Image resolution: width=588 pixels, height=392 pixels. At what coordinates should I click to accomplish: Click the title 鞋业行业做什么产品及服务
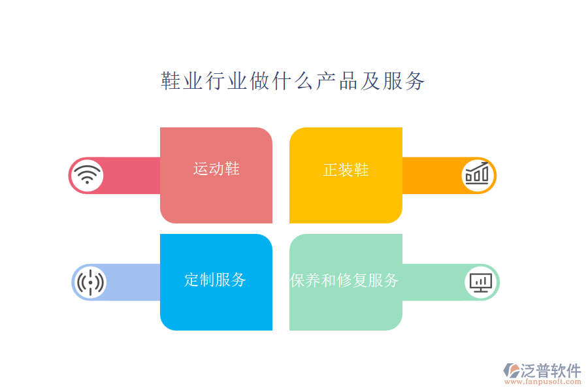click(293, 81)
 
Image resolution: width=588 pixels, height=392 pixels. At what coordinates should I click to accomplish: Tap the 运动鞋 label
click(216, 169)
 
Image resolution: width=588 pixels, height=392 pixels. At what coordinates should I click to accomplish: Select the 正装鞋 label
click(346, 170)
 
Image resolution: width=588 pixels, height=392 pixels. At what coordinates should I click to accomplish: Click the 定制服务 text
click(215, 280)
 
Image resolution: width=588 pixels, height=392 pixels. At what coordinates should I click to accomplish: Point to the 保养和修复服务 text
click(344, 280)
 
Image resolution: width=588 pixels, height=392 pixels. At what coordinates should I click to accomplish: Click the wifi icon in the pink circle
click(87, 175)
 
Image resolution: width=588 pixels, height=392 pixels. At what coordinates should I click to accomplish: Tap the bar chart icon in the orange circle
click(477, 175)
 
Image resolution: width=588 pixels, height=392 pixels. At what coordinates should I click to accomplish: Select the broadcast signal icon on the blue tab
click(90, 282)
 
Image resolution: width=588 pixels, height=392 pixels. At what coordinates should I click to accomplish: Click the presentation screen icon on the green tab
click(481, 282)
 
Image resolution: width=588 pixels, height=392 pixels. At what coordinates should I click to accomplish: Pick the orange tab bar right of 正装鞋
click(431, 175)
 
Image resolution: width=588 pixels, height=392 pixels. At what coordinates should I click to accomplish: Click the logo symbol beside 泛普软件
click(511, 371)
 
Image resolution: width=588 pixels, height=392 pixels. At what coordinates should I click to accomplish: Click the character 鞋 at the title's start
click(171, 81)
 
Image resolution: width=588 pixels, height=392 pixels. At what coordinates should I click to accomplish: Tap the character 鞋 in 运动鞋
click(232, 169)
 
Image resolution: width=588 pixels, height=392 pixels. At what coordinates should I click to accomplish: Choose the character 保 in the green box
click(297, 280)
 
